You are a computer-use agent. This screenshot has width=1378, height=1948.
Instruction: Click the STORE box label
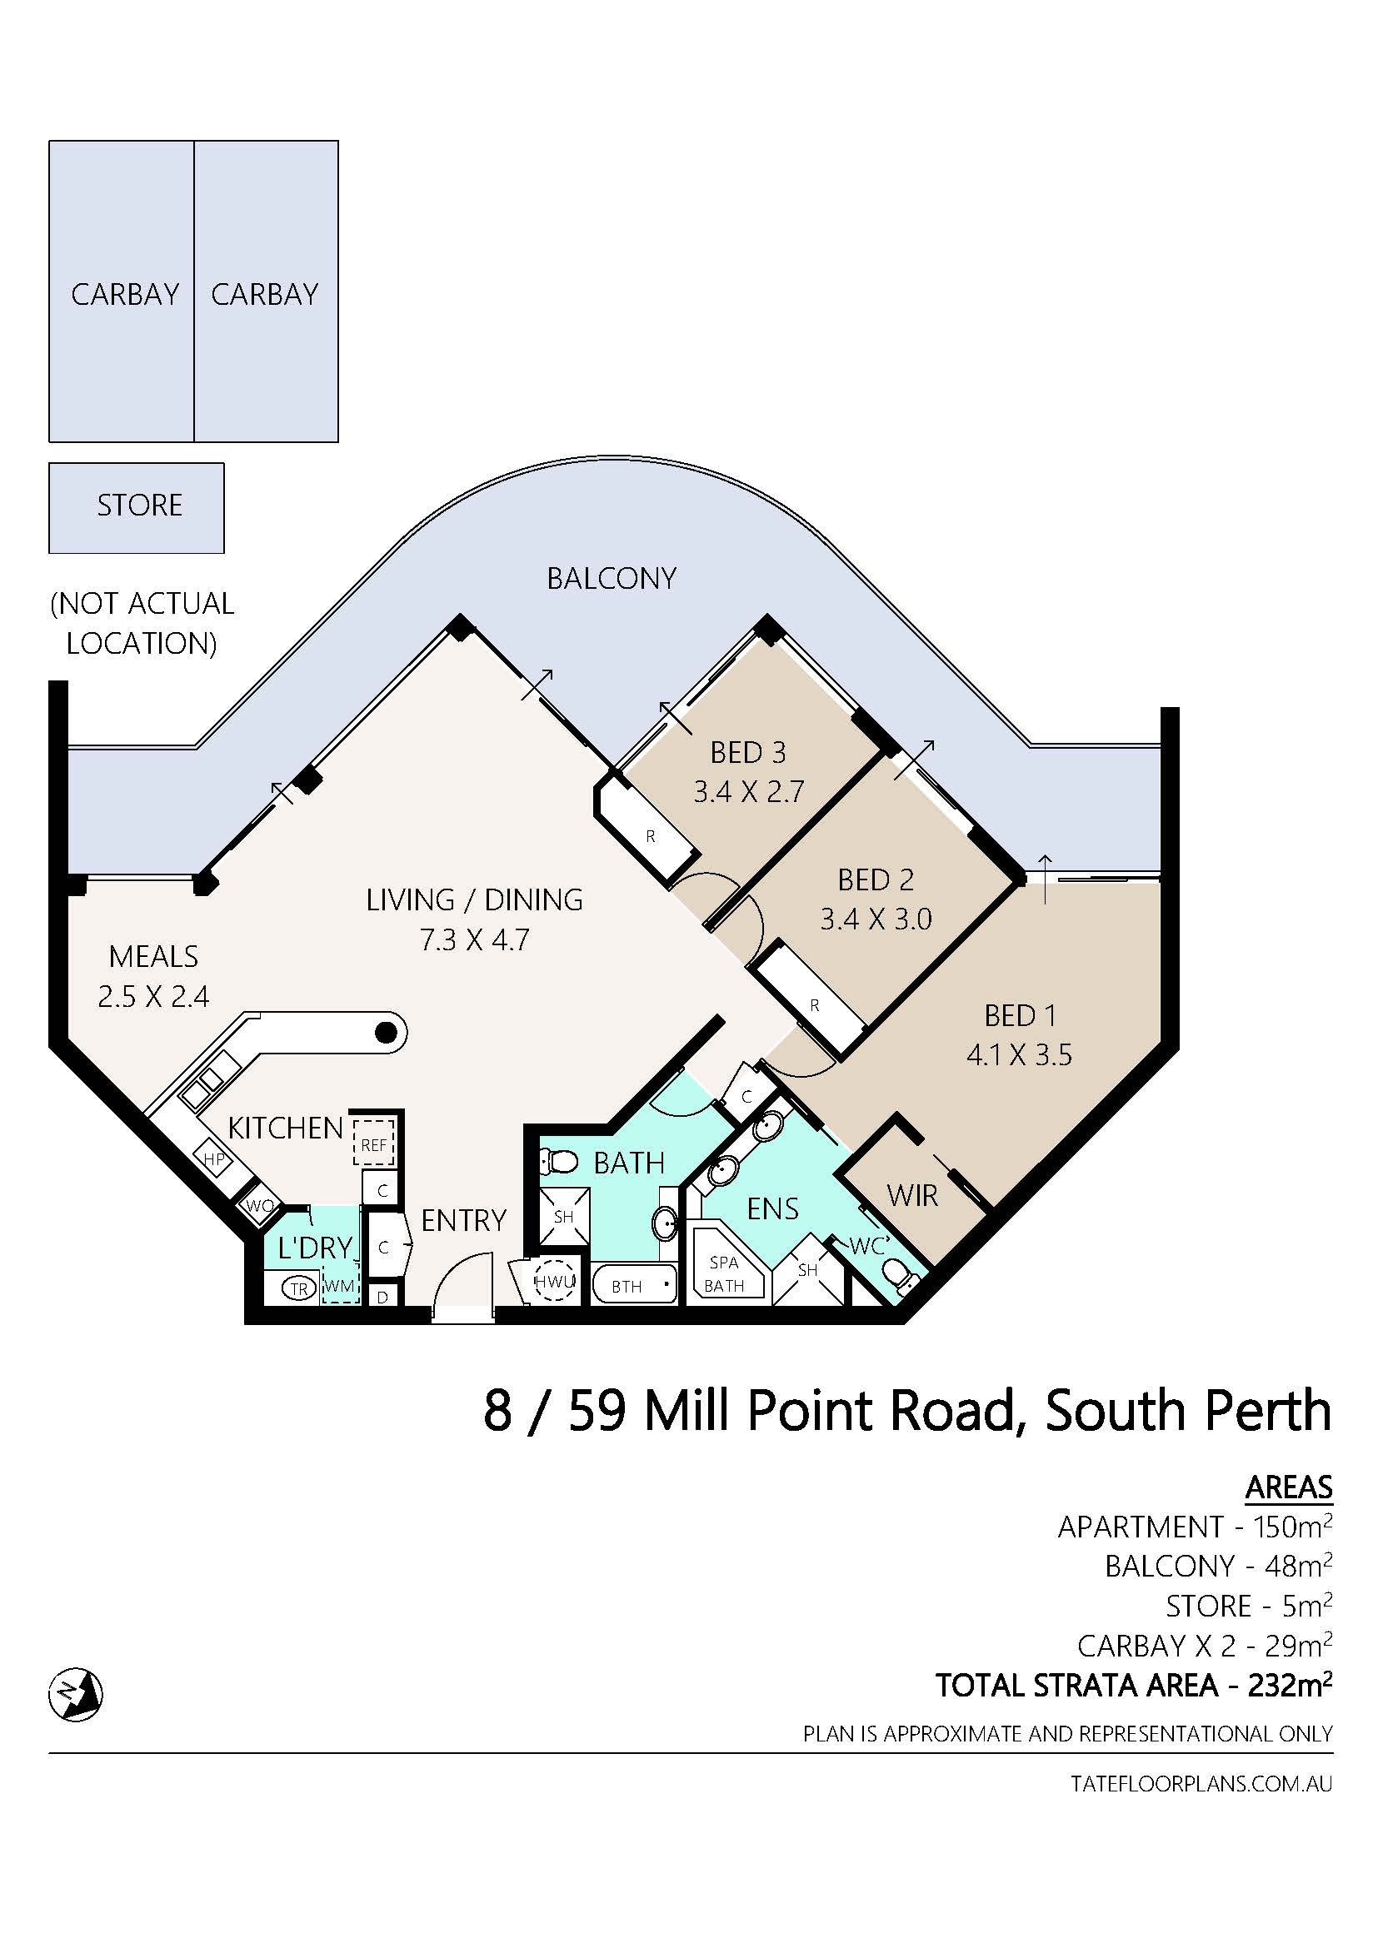140,506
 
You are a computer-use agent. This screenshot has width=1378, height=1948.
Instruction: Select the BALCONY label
611,579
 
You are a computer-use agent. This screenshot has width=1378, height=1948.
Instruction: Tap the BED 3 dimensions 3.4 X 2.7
748,791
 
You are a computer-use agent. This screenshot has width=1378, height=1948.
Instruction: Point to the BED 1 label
1020,1014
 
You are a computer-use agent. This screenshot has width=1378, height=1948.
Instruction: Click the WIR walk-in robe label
912,1195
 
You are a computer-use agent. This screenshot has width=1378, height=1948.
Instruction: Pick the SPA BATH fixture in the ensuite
726,1273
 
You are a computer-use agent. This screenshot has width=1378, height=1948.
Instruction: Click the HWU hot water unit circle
555,1281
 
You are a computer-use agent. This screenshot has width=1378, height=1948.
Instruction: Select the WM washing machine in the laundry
339,1285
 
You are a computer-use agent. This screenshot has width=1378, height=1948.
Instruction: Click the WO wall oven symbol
260,1206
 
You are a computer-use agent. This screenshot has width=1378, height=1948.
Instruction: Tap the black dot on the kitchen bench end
387,1033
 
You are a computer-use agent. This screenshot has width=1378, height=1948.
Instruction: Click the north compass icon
76,1694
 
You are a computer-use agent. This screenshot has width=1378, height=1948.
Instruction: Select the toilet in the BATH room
560,1161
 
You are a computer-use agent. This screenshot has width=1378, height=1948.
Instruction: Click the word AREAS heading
1289,1487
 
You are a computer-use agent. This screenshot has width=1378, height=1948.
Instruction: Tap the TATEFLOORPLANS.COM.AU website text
1201,1783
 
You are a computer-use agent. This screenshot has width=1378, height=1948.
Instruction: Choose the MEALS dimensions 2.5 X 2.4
153,996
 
